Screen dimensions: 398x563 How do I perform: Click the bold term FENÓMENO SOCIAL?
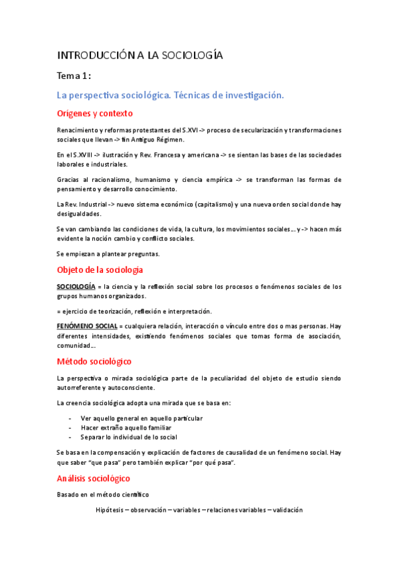click(87, 326)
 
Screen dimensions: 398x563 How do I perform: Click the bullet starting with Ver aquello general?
click(141, 418)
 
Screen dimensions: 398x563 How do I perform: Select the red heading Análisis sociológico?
click(94, 478)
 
